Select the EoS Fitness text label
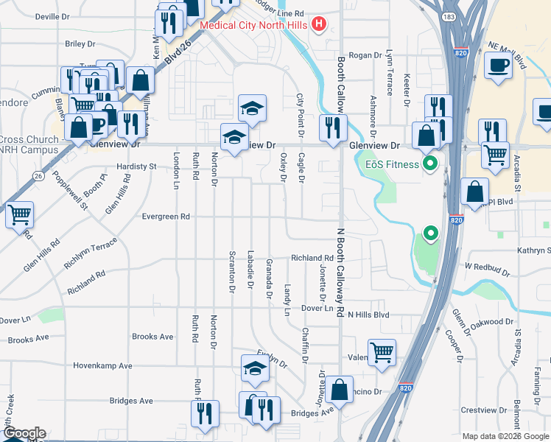click(392, 164)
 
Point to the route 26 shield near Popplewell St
click(37, 175)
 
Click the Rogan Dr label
click(365, 55)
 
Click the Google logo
click(24, 433)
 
